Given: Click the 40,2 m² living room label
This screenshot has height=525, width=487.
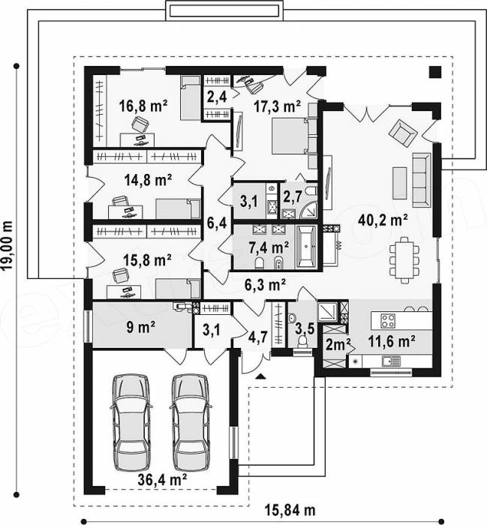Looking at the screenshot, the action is click(x=383, y=220).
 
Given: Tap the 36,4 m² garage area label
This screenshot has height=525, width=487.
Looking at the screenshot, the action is click(x=162, y=480).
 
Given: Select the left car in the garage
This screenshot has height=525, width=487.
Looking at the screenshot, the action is click(x=131, y=423).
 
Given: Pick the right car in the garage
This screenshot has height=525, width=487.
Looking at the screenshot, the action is click(x=191, y=423).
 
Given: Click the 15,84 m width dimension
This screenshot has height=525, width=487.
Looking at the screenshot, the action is click(x=290, y=510).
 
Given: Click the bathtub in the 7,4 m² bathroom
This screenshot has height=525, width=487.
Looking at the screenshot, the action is click(x=306, y=247).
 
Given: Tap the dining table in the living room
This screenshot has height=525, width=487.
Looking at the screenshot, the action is click(x=404, y=260).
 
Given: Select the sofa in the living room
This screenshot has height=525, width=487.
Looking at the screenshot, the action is click(x=422, y=180).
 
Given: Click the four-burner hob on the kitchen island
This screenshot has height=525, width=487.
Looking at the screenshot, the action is click(x=388, y=320).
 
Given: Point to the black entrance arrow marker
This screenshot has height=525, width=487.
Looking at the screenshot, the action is click(x=260, y=376).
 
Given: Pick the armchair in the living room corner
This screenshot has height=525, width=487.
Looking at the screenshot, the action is click(x=403, y=133).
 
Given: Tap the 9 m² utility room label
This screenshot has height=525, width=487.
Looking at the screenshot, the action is click(x=140, y=327).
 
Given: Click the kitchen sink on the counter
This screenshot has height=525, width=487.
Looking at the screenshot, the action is click(x=391, y=361).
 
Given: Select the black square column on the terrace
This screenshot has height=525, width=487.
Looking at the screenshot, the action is click(x=435, y=72).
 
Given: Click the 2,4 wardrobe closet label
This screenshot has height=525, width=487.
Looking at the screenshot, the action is click(x=217, y=97).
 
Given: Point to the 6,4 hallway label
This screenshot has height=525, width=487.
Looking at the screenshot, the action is click(x=217, y=223).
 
